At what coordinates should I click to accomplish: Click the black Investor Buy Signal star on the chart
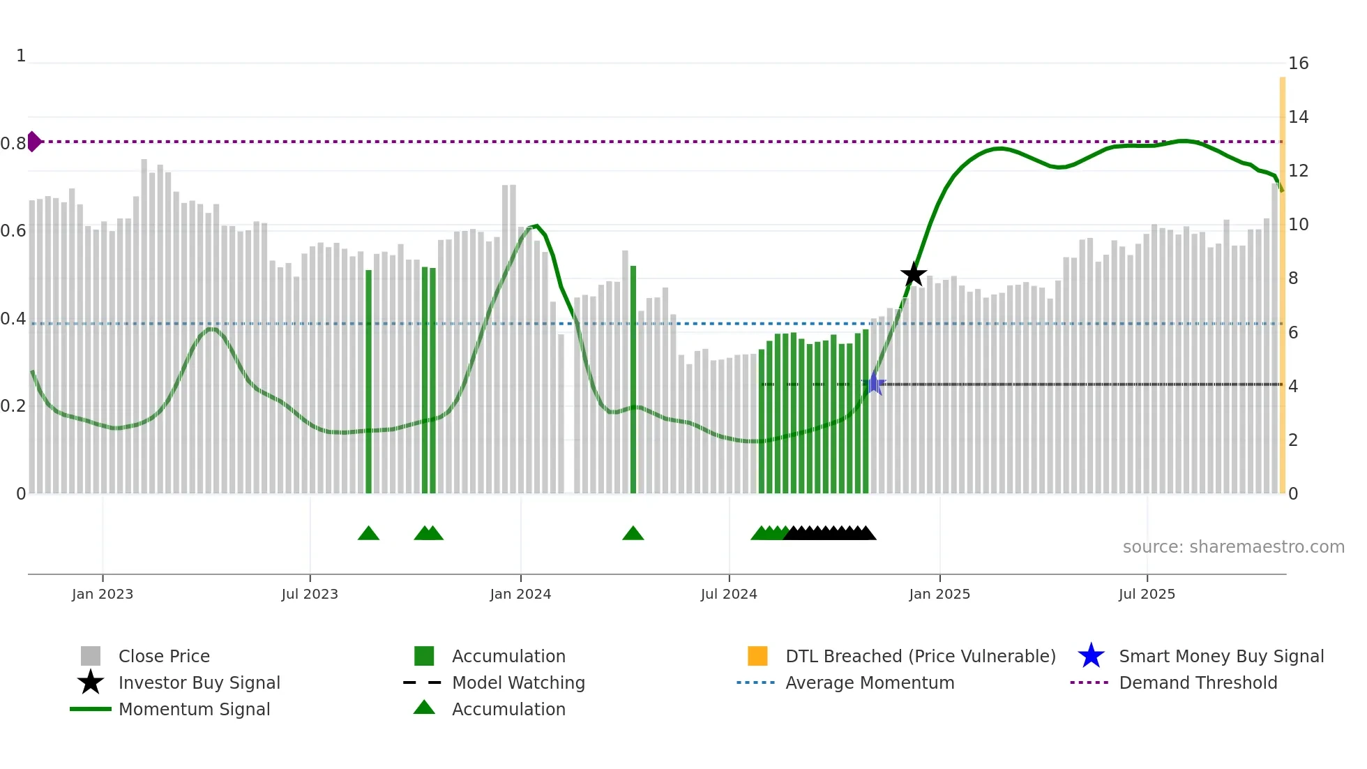coord(913,274)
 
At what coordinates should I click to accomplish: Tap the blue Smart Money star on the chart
coord(874,383)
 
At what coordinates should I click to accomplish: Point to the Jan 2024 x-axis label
coord(520,594)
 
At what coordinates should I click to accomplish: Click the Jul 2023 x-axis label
coord(310,594)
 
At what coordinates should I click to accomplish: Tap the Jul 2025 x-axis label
coord(1147,594)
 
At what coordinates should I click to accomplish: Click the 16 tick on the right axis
coord(1298,64)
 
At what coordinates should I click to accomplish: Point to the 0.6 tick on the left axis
coord(13,231)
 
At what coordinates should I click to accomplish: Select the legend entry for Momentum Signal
coord(194,709)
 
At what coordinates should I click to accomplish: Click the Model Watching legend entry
coord(518,682)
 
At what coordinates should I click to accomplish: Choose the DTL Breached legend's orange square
coord(757,656)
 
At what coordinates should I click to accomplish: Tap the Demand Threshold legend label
coord(1198,682)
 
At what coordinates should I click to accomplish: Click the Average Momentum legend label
coord(870,682)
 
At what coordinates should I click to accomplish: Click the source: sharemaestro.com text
coord(1233,547)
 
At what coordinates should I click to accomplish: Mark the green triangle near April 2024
coord(633,534)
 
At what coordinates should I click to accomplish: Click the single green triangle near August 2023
coord(368,534)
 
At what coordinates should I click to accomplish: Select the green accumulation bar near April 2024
coord(633,380)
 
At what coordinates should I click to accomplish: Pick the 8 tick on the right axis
coord(1293,278)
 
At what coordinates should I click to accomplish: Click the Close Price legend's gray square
coord(91,656)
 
